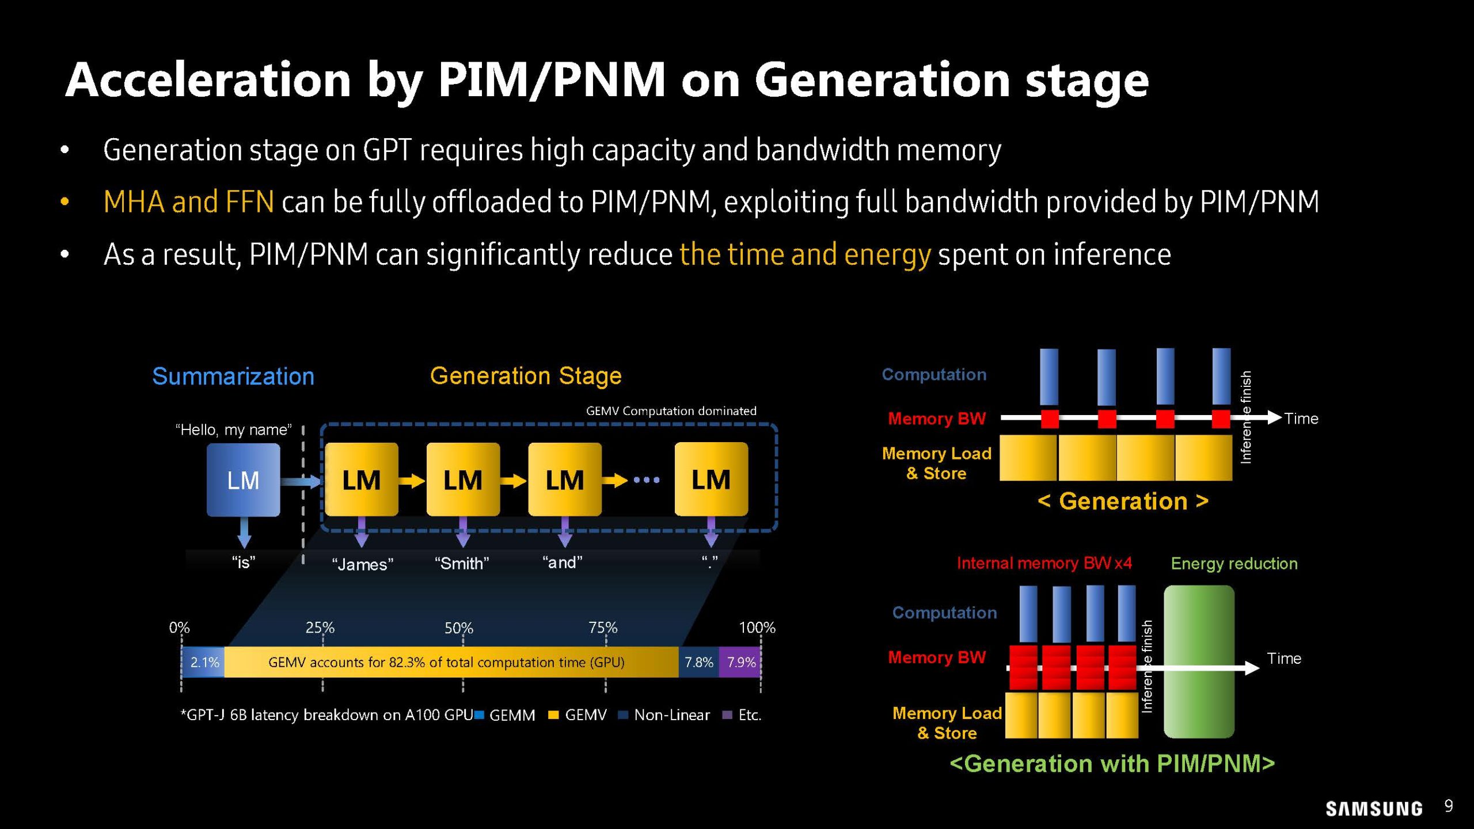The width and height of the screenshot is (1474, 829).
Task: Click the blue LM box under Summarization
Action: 243,480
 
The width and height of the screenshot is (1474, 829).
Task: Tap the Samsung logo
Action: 1374,808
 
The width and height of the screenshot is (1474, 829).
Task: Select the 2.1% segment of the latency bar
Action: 204,662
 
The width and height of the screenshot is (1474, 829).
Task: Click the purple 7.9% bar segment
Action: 740,662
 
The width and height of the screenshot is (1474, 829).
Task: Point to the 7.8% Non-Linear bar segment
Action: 698,662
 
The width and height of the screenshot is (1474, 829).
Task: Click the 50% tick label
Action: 458,628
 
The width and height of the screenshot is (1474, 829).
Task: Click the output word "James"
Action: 363,564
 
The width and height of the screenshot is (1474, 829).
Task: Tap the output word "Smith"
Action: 462,563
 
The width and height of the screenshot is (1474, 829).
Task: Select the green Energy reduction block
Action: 1199,662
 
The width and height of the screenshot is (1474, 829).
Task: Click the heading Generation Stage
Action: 526,376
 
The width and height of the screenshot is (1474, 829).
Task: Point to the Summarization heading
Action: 233,377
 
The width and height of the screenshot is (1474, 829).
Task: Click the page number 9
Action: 1449,806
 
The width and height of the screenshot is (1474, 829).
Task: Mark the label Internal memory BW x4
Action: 1044,563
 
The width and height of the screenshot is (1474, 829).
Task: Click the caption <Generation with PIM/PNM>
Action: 1112,764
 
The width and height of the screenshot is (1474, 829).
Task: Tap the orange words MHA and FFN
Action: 188,202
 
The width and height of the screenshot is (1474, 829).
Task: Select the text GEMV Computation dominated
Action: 671,411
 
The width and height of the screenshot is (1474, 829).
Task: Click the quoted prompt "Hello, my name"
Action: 233,429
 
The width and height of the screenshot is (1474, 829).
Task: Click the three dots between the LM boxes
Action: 647,480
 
